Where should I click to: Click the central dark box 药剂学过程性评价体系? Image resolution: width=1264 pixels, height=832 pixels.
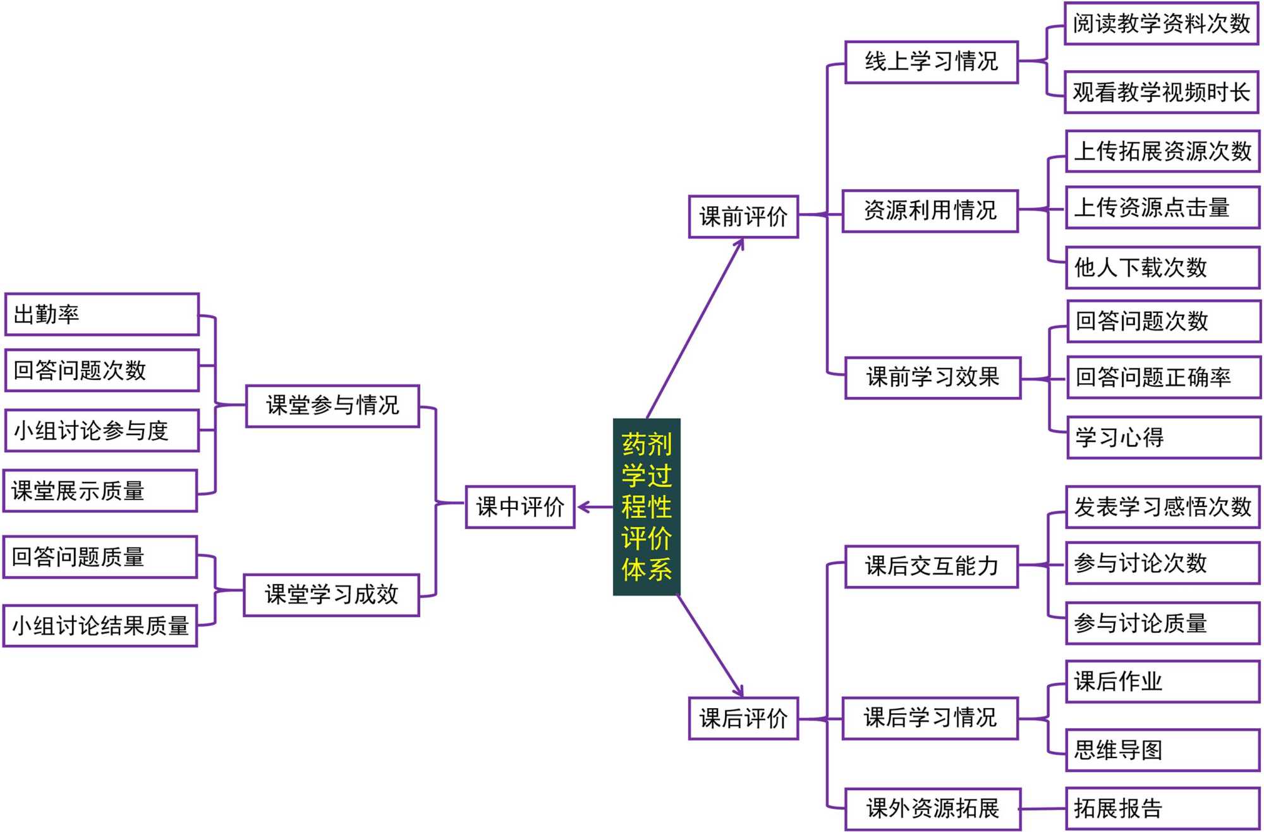coord(646,506)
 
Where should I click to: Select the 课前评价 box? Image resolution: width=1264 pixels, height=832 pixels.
coord(743,217)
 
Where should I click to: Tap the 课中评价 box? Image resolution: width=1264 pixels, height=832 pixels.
coord(520,506)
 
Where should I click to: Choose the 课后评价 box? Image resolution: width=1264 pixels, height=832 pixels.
coord(743,718)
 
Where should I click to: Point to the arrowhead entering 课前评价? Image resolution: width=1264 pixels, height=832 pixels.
coord(740,244)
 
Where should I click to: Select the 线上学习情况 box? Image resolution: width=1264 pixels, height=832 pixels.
coord(931,62)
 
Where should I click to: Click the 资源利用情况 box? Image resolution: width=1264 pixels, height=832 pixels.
coord(930,211)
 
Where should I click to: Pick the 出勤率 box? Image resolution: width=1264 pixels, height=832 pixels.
coord(101,314)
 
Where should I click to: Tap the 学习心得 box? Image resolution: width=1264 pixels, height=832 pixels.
coord(1163,437)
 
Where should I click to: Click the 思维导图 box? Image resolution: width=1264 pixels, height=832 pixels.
coord(1162,750)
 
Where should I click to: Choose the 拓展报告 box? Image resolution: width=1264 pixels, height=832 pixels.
coord(1162,808)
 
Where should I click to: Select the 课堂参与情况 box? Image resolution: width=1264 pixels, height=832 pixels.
coord(332,406)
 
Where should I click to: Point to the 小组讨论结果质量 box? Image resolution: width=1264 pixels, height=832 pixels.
coord(100,626)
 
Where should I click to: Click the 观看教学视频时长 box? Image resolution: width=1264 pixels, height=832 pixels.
coord(1161,92)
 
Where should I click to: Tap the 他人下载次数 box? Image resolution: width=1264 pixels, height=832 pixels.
coord(1162,267)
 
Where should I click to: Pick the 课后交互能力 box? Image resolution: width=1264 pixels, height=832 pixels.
coord(931,566)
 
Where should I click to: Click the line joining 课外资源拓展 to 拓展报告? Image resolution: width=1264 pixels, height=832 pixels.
coord(1043,809)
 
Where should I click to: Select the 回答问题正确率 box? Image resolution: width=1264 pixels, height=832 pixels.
coord(1163,377)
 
